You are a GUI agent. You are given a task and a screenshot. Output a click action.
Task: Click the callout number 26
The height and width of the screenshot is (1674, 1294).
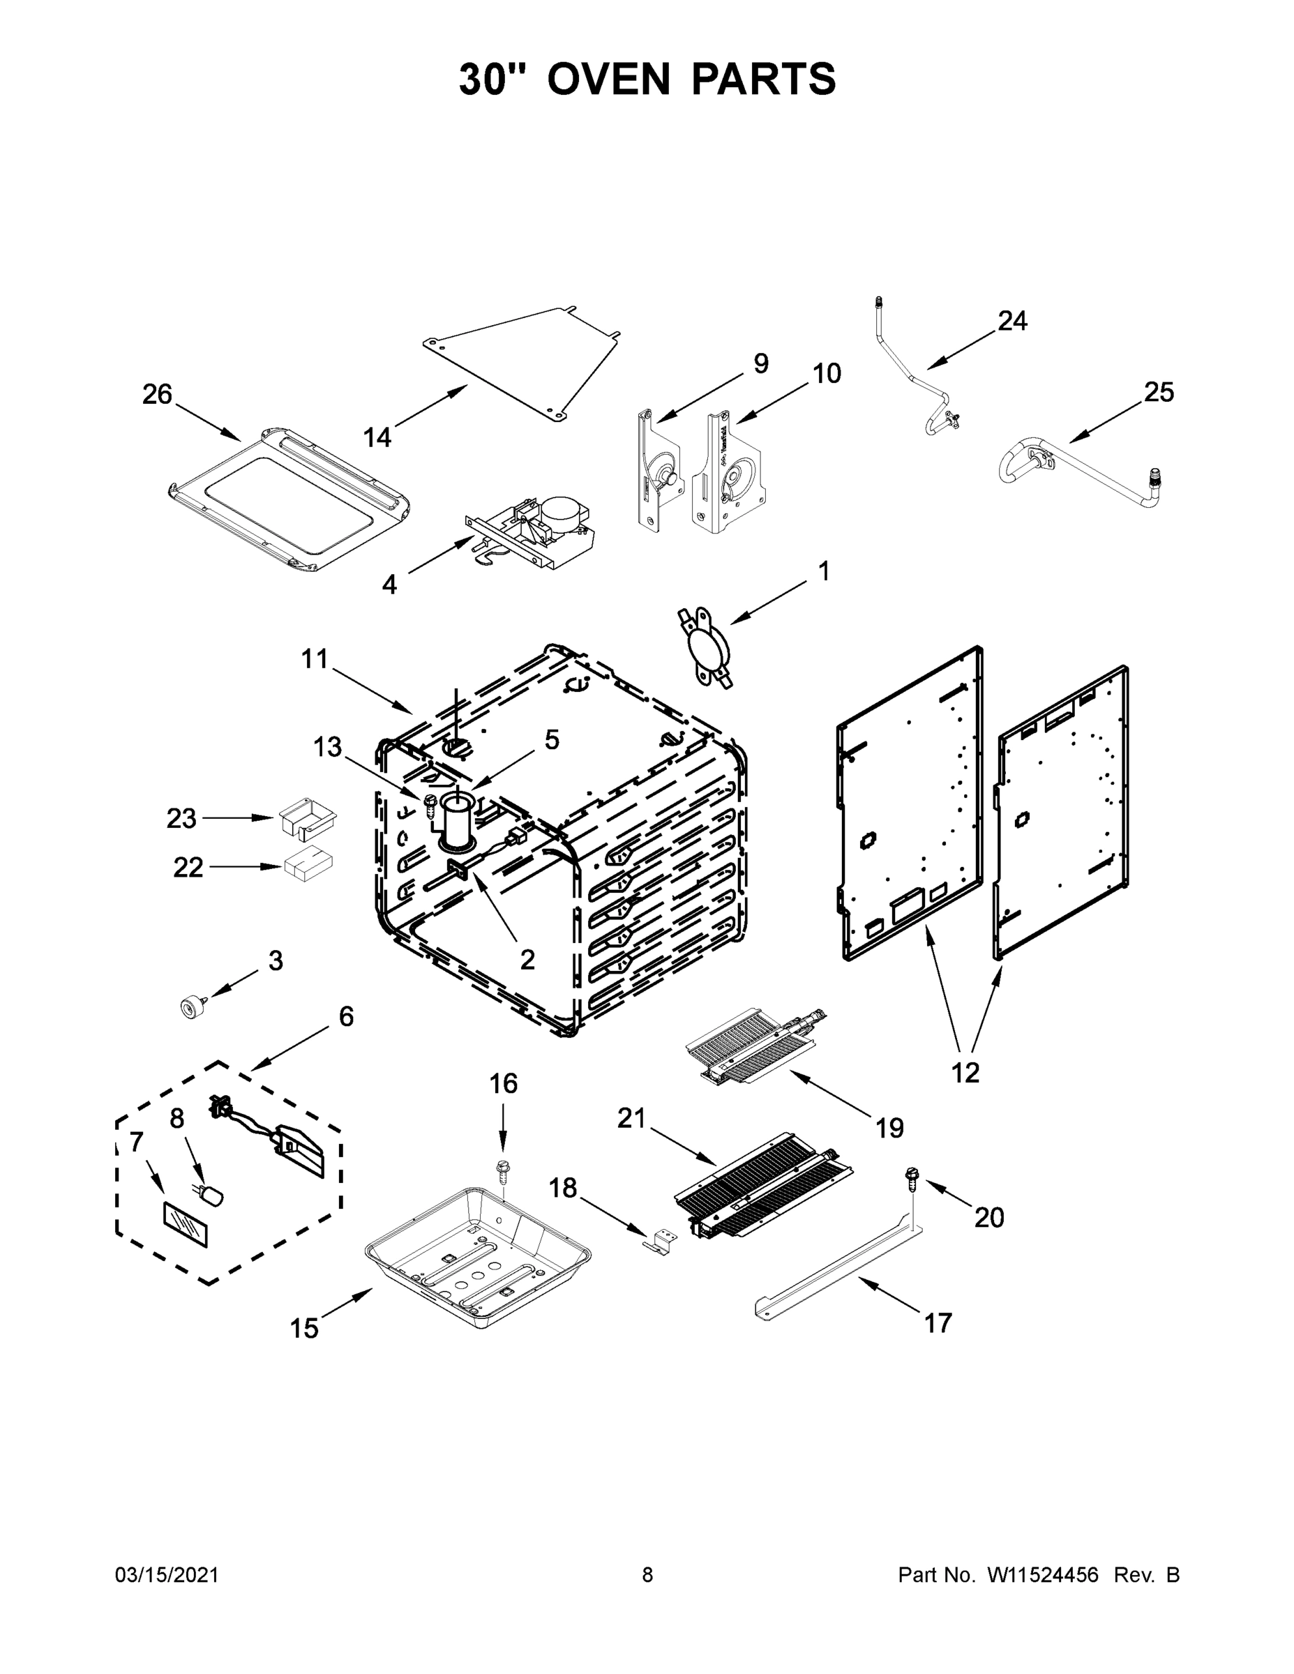[x=157, y=395]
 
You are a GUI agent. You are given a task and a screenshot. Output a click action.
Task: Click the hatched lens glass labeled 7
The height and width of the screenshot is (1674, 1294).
[x=186, y=1225]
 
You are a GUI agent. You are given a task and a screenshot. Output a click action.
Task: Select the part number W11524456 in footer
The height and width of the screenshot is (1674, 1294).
[x=1043, y=1575]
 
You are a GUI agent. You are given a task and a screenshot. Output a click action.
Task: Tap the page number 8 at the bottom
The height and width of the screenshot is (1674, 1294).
[x=647, y=1575]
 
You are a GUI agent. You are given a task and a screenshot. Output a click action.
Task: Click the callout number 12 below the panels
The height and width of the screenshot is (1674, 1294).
[x=965, y=1073]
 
